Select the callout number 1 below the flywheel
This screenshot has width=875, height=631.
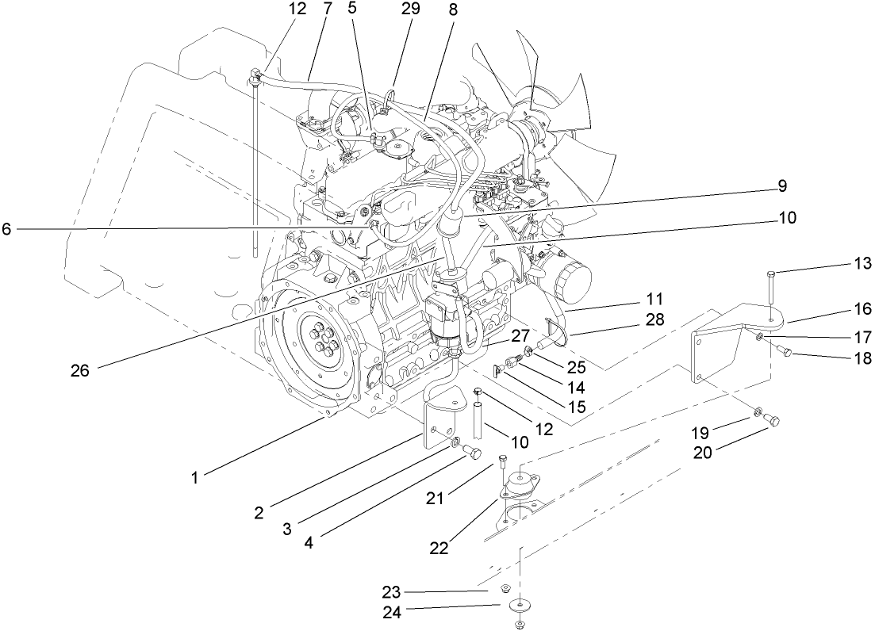click(x=194, y=477)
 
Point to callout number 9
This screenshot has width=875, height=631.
click(x=781, y=186)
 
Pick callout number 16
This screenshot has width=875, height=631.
click(x=862, y=308)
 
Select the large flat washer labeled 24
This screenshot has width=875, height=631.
click(x=519, y=606)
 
